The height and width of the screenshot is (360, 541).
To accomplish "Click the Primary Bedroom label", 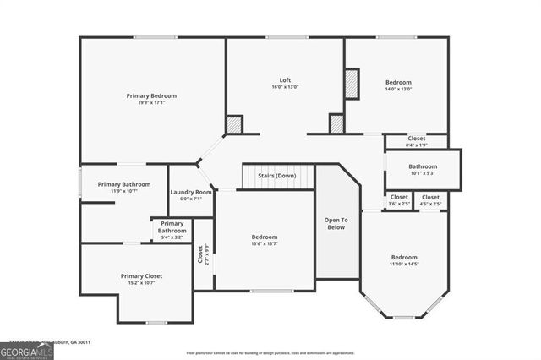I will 151,95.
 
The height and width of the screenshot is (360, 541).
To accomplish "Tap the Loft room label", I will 285,80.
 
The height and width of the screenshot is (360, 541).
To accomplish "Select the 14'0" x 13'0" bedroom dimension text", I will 398,89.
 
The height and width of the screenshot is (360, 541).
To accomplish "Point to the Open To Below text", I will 336,223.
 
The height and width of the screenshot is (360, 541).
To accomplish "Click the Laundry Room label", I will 191,192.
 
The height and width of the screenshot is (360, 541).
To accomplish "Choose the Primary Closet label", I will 141,275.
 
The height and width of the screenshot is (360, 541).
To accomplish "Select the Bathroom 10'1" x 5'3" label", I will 423,170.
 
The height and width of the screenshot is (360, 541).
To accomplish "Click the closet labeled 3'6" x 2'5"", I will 399,200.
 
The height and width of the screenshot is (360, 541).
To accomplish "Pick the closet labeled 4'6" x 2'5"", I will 431,200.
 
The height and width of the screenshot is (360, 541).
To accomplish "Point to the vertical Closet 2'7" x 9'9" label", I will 203,254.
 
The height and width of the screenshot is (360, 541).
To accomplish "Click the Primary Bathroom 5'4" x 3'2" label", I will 172,230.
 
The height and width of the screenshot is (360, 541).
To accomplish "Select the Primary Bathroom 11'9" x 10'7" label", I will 124,188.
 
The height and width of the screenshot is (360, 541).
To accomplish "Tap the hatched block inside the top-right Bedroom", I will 352,83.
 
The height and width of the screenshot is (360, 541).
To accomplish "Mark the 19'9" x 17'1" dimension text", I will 151,103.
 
